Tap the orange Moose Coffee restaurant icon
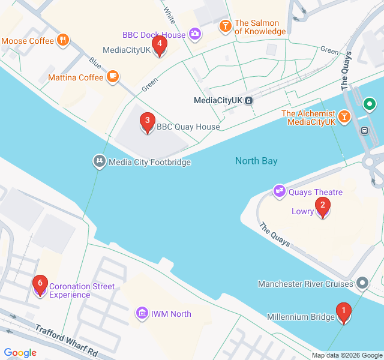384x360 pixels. [63, 41]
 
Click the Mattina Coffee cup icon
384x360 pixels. [112, 77]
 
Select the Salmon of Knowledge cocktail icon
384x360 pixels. [225, 26]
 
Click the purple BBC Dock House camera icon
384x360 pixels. [194, 34]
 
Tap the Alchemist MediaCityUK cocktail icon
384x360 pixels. [344, 116]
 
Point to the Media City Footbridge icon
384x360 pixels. [99, 161]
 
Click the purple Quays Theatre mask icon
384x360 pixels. [279, 191]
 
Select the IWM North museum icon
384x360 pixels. [142, 313]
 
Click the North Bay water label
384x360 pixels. [256, 161]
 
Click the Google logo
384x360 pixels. [20, 352]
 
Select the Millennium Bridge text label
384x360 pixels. [301, 317]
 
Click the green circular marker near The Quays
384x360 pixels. [370, 104]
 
